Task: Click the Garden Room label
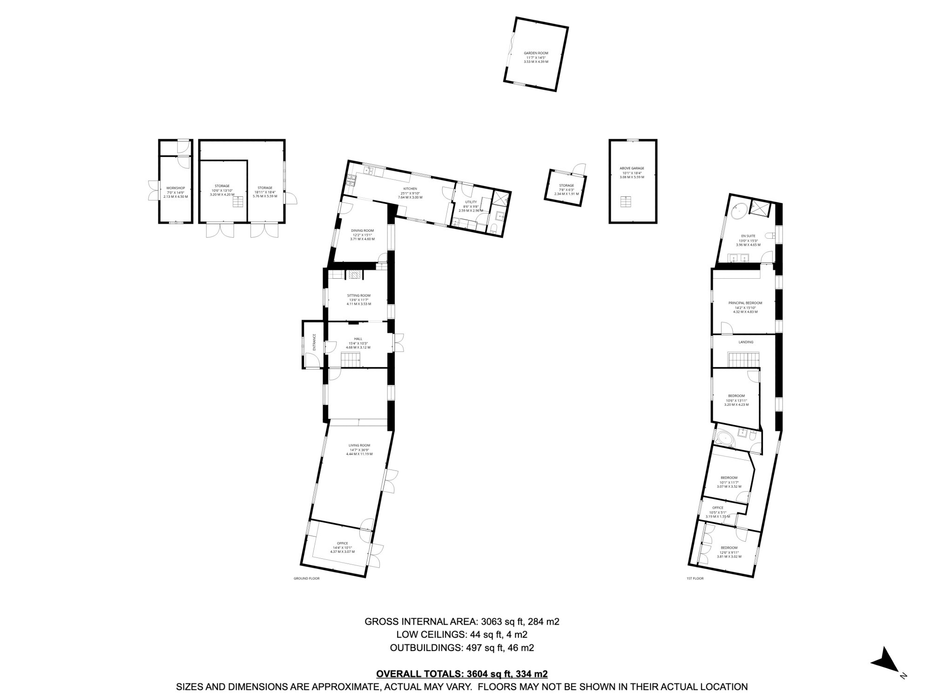[x=536, y=53]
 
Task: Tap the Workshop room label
[x=175, y=188]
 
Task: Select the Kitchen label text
[x=410, y=188]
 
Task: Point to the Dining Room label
[x=362, y=230]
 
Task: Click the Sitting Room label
[x=358, y=295]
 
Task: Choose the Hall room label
[x=358, y=339]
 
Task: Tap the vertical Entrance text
[x=314, y=342]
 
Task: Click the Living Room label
[x=359, y=445]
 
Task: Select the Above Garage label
[x=632, y=168]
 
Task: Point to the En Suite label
[x=748, y=236]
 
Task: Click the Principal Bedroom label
[x=745, y=303]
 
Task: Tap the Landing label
[x=746, y=342]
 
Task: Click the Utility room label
[x=471, y=202]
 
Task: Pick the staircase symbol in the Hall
[x=351, y=360]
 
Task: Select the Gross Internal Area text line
[x=461, y=621]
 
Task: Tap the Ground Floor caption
[x=306, y=578]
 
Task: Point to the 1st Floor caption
[x=695, y=578]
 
